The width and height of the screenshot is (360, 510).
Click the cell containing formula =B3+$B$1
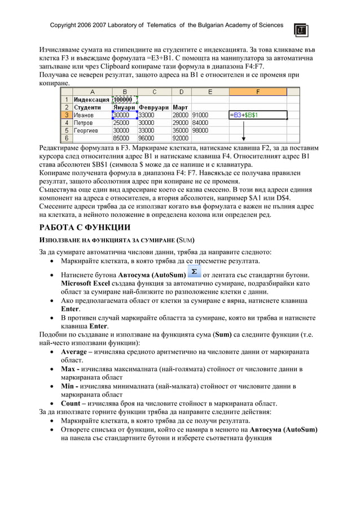click(257, 115)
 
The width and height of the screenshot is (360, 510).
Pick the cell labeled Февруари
click(153, 107)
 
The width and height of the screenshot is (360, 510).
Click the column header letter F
click(258, 91)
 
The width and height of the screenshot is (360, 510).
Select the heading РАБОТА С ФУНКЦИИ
click(84, 228)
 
